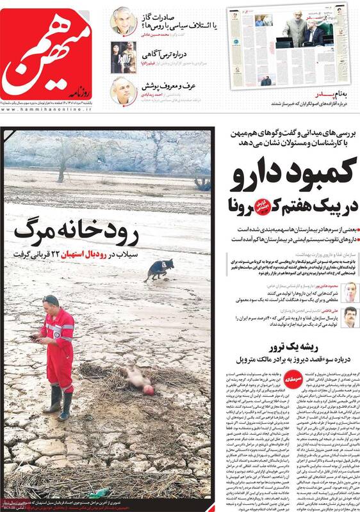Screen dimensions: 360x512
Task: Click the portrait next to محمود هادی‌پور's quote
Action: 348,292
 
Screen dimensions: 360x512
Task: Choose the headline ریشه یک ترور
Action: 313,351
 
